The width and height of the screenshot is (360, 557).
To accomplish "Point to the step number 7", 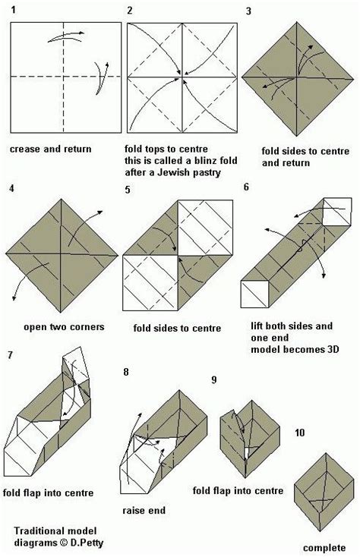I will (9, 354).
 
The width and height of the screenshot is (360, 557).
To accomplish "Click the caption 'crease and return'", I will (51, 149).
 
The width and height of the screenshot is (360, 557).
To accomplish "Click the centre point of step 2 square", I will (181, 76).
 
